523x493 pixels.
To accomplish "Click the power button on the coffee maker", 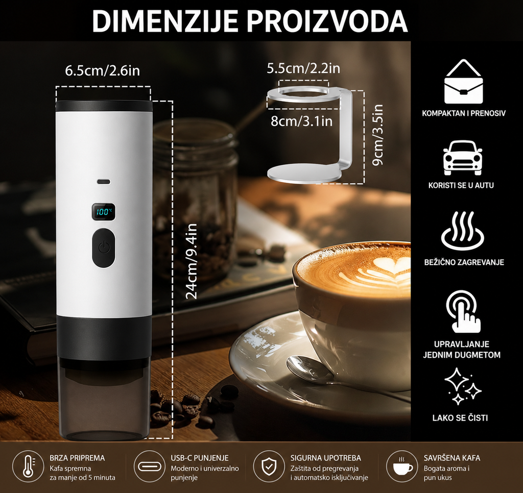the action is (104, 248).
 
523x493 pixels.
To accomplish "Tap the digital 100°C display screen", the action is (104, 211).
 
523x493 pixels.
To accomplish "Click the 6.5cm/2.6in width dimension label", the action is (102, 70).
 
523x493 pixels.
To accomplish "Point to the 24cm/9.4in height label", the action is (192, 261).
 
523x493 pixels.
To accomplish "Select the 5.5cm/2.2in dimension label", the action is (303, 68).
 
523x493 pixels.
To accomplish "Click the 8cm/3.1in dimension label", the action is (301, 120).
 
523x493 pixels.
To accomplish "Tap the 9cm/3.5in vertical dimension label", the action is (377, 135).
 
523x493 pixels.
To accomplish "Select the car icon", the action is (463, 158).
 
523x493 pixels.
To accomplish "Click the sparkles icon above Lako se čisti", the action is (463, 386).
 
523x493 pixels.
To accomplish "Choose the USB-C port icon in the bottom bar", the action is (150, 465).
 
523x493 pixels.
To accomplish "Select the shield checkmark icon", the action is (269, 465).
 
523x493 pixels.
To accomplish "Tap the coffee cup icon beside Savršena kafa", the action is (402, 465).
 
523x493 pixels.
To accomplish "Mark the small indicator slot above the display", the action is (104, 182).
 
